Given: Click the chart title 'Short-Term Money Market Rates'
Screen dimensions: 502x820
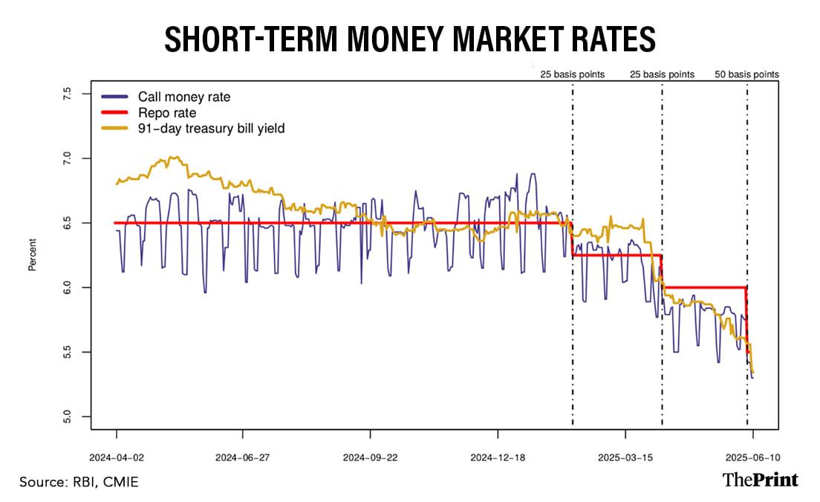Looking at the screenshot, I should (409, 39).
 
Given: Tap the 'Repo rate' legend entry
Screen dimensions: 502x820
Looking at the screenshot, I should (167, 113).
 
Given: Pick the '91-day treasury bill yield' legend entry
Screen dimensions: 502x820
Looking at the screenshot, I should (211, 129).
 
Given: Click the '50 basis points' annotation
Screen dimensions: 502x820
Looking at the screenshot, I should (746, 74).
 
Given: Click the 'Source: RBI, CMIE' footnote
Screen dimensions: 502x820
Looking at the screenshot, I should (79, 483).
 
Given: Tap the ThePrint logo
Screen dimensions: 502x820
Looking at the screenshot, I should (761, 480).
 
